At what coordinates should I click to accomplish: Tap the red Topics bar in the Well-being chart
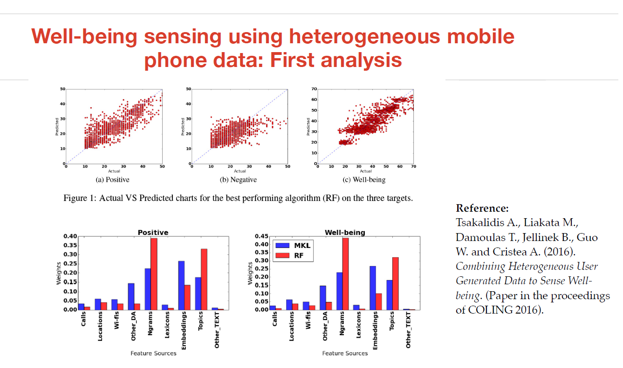(x=395, y=283)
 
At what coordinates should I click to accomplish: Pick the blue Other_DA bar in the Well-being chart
(x=323, y=298)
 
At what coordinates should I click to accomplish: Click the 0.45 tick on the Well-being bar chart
(x=261, y=236)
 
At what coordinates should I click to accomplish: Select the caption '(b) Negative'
(x=238, y=180)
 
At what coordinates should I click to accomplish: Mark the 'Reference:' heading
(x=482, y=208)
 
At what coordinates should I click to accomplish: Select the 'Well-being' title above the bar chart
(x=344, y=232)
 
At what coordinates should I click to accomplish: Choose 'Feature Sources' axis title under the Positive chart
(x=153, y=353)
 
